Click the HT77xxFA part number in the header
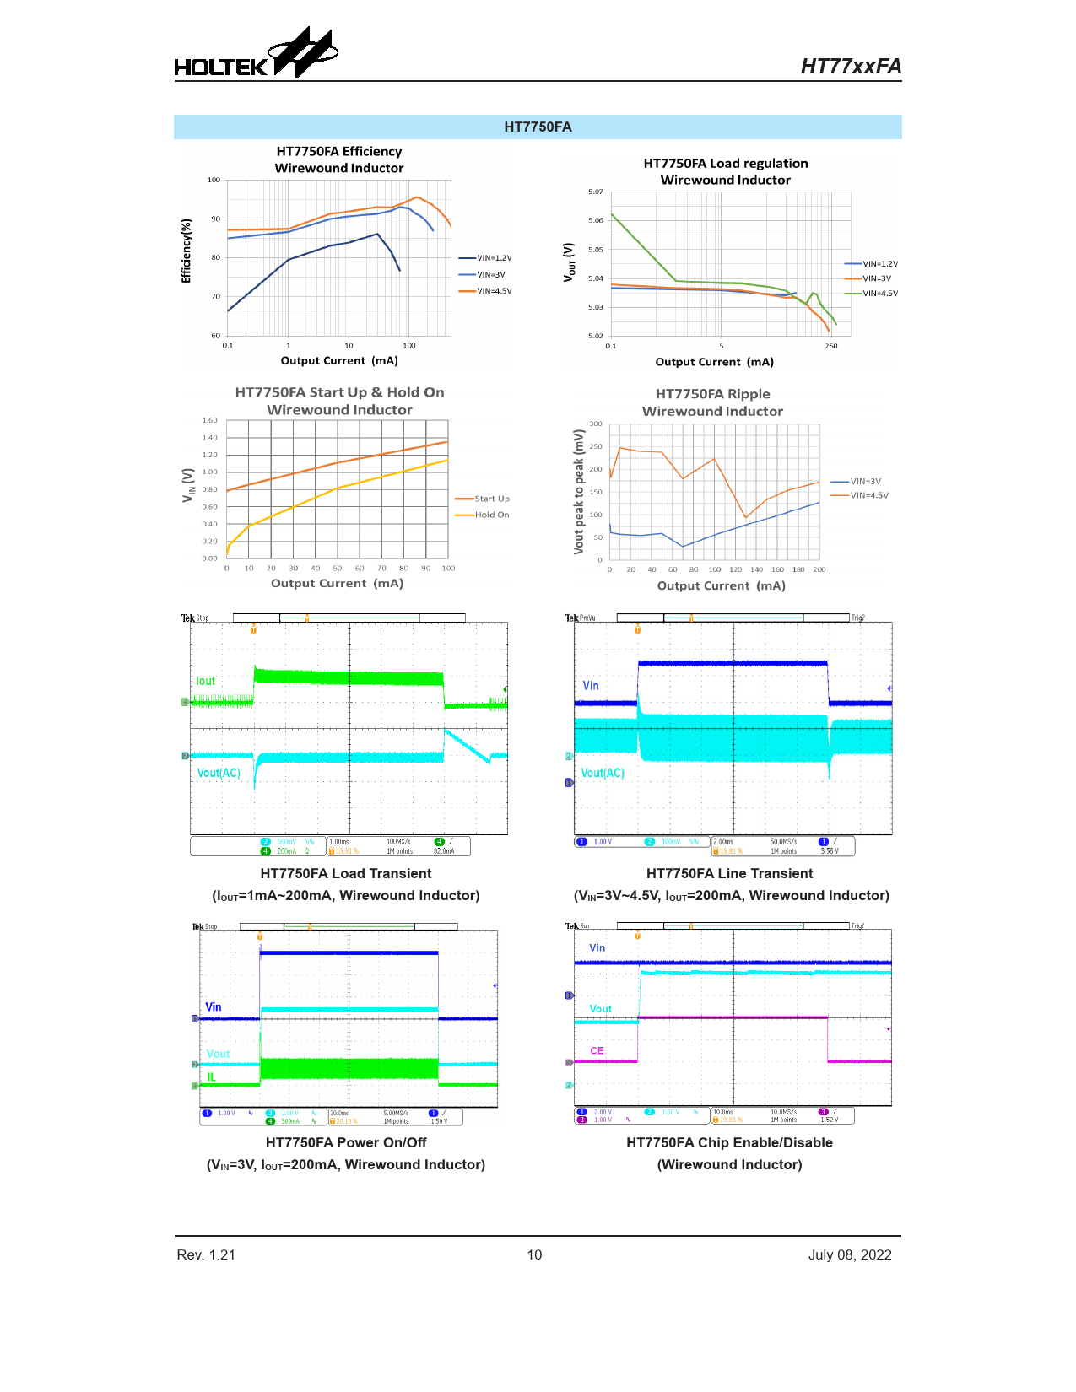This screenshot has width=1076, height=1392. [851, 67]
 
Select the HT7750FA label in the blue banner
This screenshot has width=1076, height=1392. [538, 127]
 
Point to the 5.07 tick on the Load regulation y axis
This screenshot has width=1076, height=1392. [596, 192]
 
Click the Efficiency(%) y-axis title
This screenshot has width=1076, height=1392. [187, 251]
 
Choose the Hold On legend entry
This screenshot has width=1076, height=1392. [491, 515]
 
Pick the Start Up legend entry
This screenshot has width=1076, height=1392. [491, 499]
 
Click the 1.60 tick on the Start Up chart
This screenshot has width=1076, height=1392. [210, 420]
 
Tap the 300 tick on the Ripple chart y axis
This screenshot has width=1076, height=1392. [596, 424]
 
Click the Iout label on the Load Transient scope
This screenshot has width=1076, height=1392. [206, 681]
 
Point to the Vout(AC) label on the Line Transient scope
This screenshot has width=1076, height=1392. [603, 773]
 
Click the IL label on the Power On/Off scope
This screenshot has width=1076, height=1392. [211, 1077]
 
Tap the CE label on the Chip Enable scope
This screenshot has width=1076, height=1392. [597, 1050]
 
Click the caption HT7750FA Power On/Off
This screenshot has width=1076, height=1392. [346, 1142]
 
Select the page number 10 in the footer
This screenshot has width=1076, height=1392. [534, 1254]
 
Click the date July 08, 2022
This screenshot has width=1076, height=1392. [850, 1254]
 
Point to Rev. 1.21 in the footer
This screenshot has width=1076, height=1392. [206, 1254]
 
